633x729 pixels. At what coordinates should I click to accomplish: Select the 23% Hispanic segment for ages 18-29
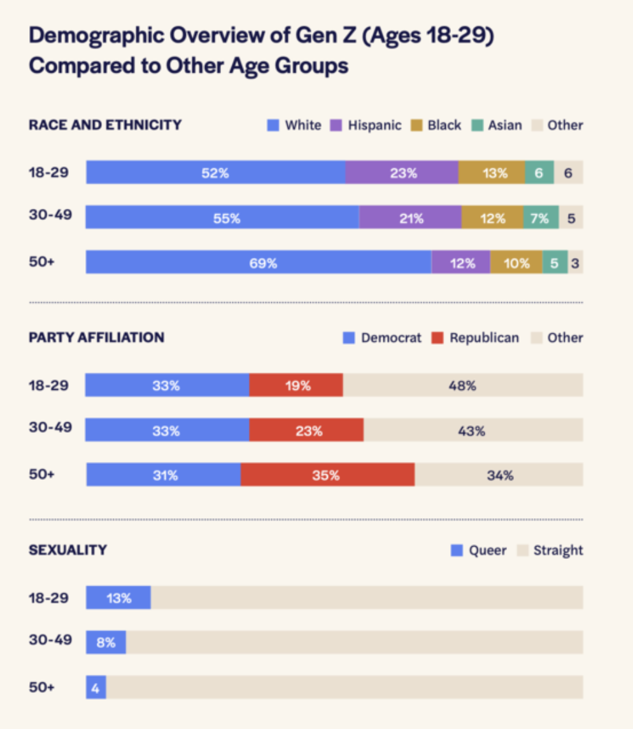(402, 173)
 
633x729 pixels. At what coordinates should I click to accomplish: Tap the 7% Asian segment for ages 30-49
(541, 218)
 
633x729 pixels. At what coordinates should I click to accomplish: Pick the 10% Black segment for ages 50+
(516, 263)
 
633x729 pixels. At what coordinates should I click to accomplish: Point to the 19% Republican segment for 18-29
(296, 386)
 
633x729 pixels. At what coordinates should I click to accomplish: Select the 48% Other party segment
(462, 386)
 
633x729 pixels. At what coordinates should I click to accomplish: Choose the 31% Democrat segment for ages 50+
(164, 475)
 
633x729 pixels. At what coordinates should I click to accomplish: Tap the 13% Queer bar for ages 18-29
(118, 598)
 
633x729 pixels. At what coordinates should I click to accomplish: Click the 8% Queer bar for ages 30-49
(106, 642)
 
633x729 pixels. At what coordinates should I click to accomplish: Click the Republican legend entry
(476, 338)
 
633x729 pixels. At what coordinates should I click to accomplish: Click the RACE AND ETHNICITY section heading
(105, 125)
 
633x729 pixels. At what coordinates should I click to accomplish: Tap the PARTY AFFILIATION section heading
(96, 338)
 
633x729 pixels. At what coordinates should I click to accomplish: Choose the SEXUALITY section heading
(68, 550)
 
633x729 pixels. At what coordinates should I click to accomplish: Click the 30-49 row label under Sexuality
(50, 640)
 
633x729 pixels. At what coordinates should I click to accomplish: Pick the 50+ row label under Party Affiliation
(42, 475)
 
